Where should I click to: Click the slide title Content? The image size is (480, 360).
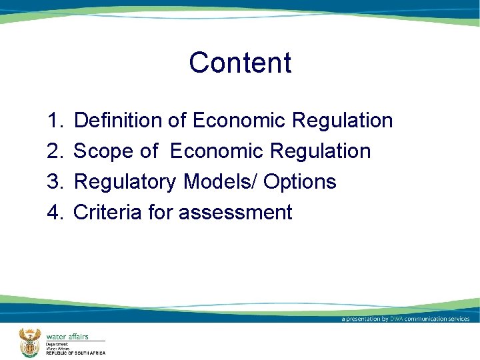pyautogui.click(x=240, y=63)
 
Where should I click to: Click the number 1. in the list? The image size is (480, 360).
pyautogui.click(x=55, y=121)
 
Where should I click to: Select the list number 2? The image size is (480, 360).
pyautogui.click(x=55, y=151)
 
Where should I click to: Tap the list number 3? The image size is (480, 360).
pyautogui.click(x=55, y=181)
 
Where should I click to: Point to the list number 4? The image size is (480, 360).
pyautogui.click(x=55, y=212)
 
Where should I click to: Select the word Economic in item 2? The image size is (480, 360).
pyautogui.click(x=217, y=151)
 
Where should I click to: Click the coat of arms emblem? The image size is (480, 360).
pyautogui.click(x=29, y=343)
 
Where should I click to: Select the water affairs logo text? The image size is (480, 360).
pyautogui.click(x=67, y=337)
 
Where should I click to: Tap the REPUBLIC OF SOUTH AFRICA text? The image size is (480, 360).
pyautogui.click(x=75, y=353)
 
